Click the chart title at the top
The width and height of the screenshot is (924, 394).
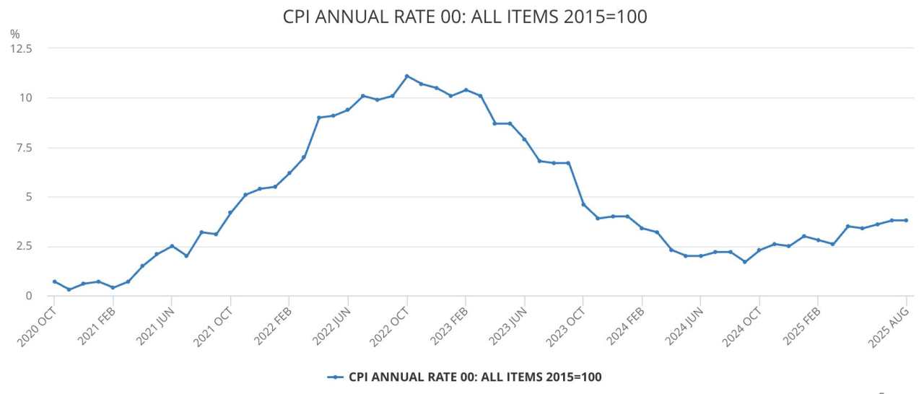click(466, 17)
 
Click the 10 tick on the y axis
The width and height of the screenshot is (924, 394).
click(26, 97)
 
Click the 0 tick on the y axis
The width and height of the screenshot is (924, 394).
click(29, 296)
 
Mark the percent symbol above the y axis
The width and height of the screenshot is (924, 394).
click(14, 34)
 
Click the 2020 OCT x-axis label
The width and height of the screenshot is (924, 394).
click(38, 323)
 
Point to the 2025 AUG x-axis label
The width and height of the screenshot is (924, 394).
click(889, 323)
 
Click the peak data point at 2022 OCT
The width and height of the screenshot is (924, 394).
click(406, 76)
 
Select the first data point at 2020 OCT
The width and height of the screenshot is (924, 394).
click(54, 281)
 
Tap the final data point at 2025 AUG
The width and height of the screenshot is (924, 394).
click(906, 220)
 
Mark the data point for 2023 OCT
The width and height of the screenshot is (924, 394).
click(583, 204)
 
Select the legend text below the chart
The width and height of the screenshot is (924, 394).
click(475, 377)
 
